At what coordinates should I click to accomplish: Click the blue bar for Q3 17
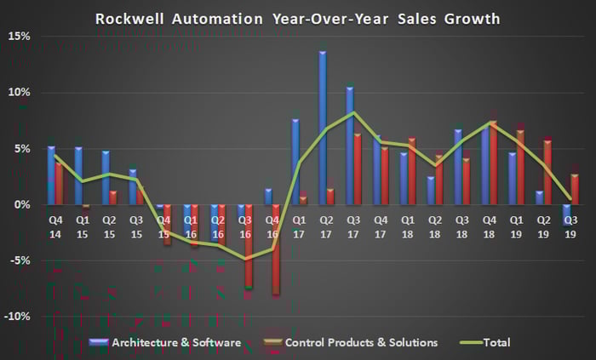click(x=350, y=146)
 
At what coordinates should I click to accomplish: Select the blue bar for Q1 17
click(x=295, y=162)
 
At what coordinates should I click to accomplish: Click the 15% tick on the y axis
click(x=19, y=37)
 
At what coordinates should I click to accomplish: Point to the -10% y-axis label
click(x=17, y=317)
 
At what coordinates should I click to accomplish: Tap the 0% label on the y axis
click(x=22, y=204)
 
